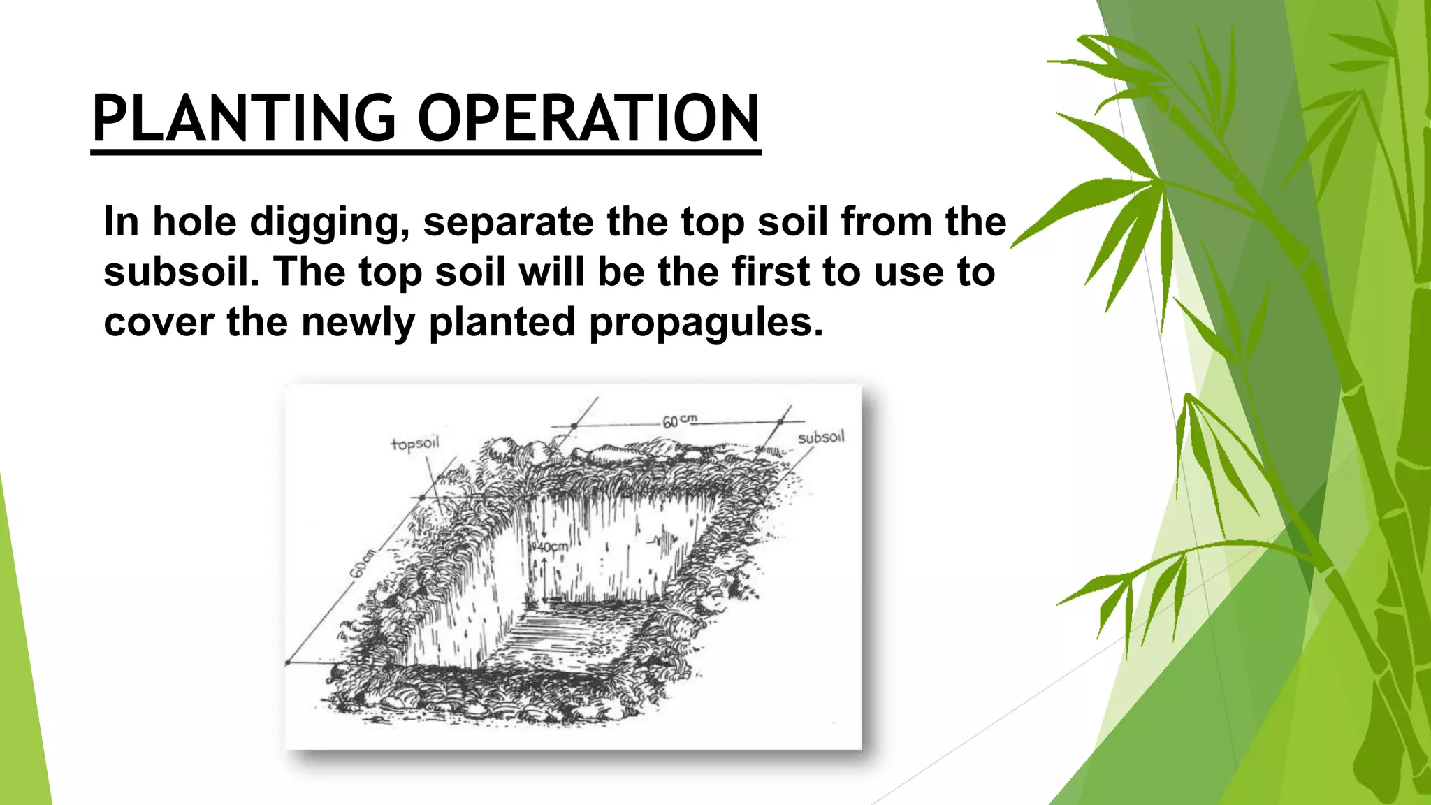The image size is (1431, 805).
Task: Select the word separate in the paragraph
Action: (508, 222)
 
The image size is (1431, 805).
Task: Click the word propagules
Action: (706, 323)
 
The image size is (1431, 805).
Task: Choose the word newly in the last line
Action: (358, 323)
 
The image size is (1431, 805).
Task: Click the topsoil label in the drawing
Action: (415, 444)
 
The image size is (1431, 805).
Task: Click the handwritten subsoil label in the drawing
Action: (821, 437)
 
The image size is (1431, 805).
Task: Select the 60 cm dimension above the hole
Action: (678, 421)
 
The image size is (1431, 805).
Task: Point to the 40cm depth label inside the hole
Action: (551, 546)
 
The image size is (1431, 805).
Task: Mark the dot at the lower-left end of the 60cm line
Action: (288, 662)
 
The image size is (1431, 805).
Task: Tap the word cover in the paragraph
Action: (159, 323)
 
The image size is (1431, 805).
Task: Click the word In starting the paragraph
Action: (121, 222)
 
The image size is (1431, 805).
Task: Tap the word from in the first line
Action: (886, 222)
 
